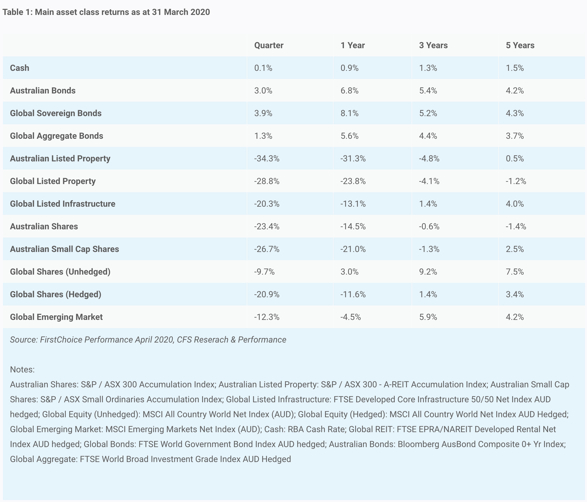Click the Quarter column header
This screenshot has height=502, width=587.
point(269,45)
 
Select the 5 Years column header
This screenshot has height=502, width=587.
point(520,45)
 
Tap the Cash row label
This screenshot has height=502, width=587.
point(20,68)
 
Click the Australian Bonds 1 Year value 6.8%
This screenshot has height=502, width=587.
point(350,91)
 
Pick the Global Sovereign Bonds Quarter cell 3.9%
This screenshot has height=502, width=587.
point(263,113)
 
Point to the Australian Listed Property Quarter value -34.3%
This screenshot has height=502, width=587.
point(267,159)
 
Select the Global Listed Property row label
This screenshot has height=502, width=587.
point(53,181)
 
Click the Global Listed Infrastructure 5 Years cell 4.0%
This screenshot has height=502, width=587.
point(515,204)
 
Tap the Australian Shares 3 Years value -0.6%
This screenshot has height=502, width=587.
point(429,226)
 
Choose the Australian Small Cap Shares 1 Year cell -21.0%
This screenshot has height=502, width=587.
point(353,249)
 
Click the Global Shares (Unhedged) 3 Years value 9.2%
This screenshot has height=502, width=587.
point(428,272)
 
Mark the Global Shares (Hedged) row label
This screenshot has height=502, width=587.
point(55,294)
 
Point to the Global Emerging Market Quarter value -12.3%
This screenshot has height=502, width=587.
point(267,317)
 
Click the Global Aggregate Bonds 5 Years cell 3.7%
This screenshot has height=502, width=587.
point(515,136)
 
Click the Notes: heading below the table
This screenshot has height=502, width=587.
point(22,370)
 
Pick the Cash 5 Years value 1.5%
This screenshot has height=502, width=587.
point(515,68)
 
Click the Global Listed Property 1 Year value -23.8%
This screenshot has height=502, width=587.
point(353,181)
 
